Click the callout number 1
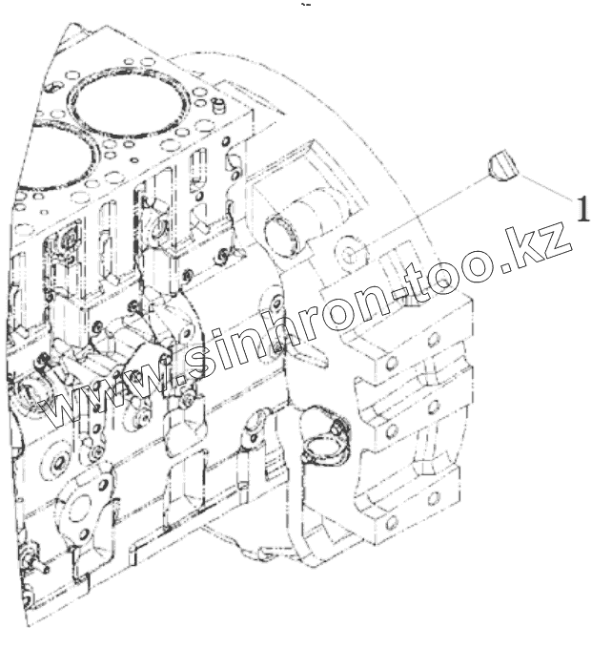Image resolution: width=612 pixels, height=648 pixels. click(580, 208)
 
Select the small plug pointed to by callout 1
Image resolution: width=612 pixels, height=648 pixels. click(500, 166)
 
